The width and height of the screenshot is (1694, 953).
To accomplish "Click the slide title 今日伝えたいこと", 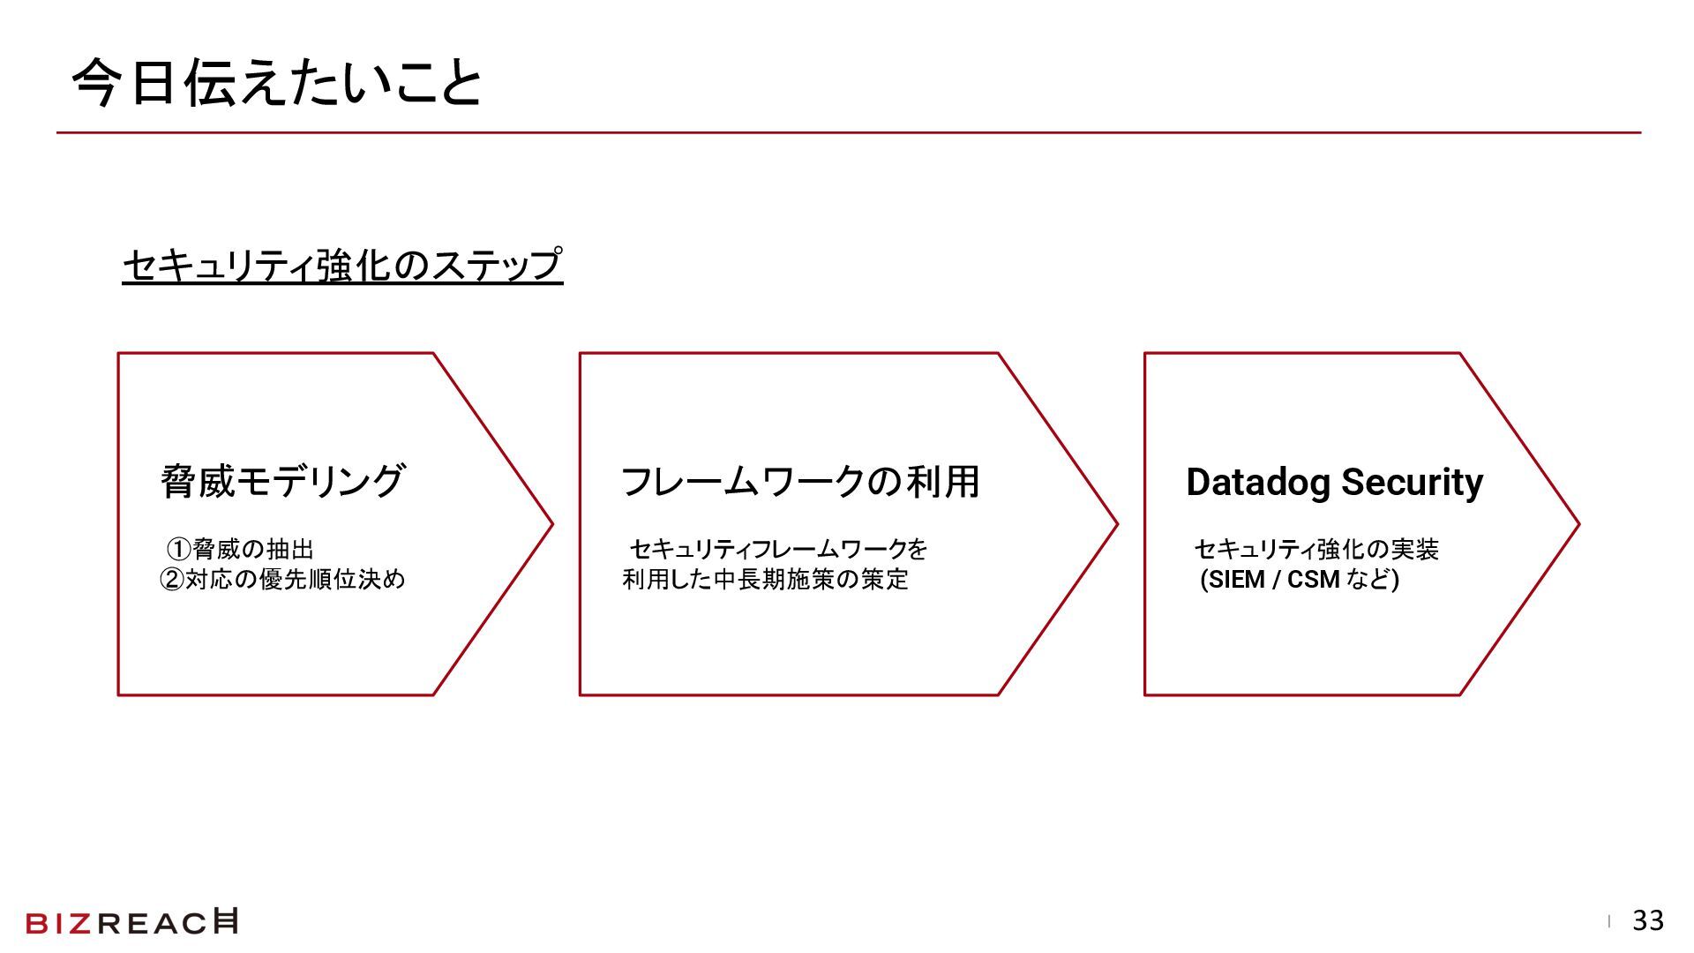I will tap(276, 84).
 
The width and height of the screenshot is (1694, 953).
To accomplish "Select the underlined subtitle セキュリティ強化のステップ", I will tap(342, 265).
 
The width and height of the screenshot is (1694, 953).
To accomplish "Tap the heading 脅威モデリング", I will tap(282, 482).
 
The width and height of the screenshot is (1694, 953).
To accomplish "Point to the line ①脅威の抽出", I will tap(240, 550).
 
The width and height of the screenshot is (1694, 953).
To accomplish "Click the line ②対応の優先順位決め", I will tap(282, 580).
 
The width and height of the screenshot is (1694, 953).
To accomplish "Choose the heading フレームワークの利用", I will tap(800, 482).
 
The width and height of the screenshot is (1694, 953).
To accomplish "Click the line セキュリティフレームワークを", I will tap(778, 550).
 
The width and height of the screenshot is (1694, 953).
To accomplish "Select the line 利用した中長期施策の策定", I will tap(765, 580).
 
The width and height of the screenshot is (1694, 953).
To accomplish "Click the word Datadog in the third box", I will tap(1258, 483).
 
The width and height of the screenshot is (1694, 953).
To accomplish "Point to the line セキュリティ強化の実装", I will tap(1316, 550).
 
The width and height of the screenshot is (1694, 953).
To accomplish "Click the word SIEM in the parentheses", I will tap(1236, 580).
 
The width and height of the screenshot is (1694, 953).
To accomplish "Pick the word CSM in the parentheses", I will tap(1313, 580).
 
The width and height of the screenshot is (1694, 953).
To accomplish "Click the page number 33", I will tap(1648, 920).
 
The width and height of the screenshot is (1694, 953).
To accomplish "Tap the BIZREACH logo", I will tap(132, 922).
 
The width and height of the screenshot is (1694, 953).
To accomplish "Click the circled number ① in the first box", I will tap(179, 550).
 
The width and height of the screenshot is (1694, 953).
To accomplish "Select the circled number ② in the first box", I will tap(171, 580).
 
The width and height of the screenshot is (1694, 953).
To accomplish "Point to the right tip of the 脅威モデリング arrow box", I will tap(551, 524).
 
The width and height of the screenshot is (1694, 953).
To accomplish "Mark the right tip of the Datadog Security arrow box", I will tap(1578, 524).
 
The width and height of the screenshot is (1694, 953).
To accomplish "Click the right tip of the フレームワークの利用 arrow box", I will tap(1116, 524).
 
